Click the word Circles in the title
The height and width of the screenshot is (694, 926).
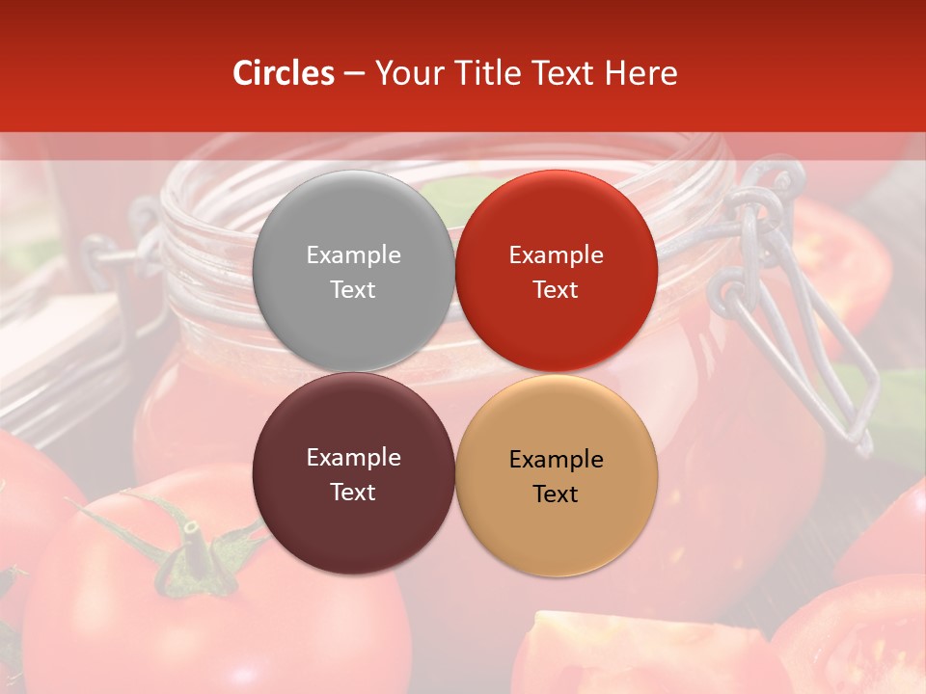point(284,73)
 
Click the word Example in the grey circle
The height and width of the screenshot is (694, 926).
point(353,254)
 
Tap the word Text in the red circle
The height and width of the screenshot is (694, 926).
point(556,289)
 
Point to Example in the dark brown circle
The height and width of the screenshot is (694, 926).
point(353,457)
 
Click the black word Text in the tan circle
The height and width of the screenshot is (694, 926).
point(556,494)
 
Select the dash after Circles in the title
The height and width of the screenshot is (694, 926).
point(354,74)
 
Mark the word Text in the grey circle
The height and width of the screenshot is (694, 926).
point(353,289)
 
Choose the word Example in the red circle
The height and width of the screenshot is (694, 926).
point(556,254)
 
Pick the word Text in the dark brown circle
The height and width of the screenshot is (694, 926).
point(353,492)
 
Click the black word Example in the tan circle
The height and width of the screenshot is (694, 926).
point(556,459)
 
